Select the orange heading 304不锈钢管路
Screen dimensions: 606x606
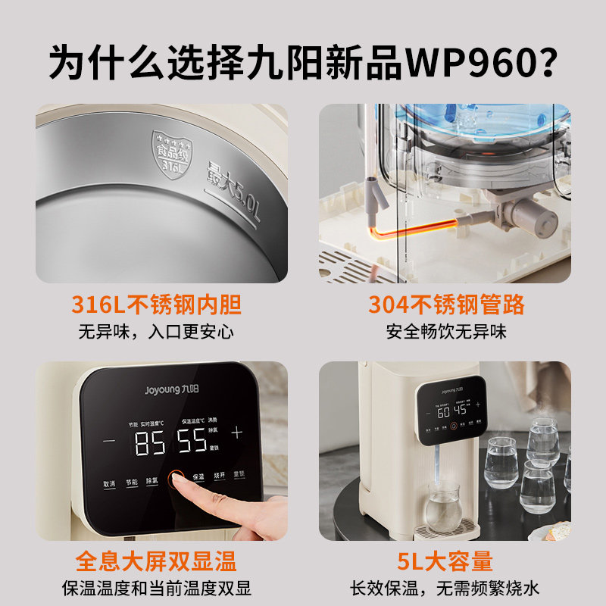click(x=446, y=305)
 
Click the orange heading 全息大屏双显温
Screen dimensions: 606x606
click(x=156, y=561)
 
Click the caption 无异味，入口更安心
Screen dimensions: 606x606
click(x=156, y=332)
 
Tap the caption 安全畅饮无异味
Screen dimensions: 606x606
click(x=446, y=332)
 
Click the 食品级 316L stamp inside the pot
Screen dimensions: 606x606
click(x=170, y=148)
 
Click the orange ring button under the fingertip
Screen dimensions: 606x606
click(x=176, y=478)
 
